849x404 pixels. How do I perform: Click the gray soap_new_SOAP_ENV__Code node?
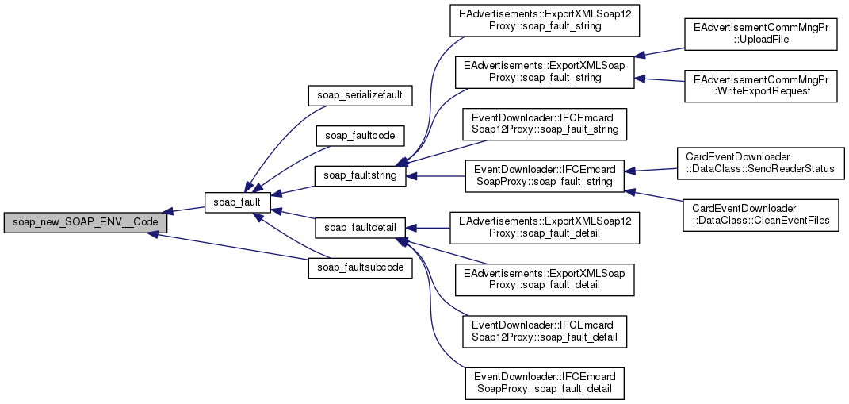tap(85, 221)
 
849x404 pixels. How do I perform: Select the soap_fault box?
tap(239, 203)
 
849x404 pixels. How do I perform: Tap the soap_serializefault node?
tap(360, 95)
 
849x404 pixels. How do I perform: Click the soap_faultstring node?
tap(361, 175)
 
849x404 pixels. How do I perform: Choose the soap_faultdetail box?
tap(361, 228)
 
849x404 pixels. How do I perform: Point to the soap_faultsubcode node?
tap(360, 267)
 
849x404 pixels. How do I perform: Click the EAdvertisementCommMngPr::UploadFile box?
tap(761, 33)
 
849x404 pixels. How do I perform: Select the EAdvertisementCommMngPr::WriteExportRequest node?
tap(761, 86)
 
